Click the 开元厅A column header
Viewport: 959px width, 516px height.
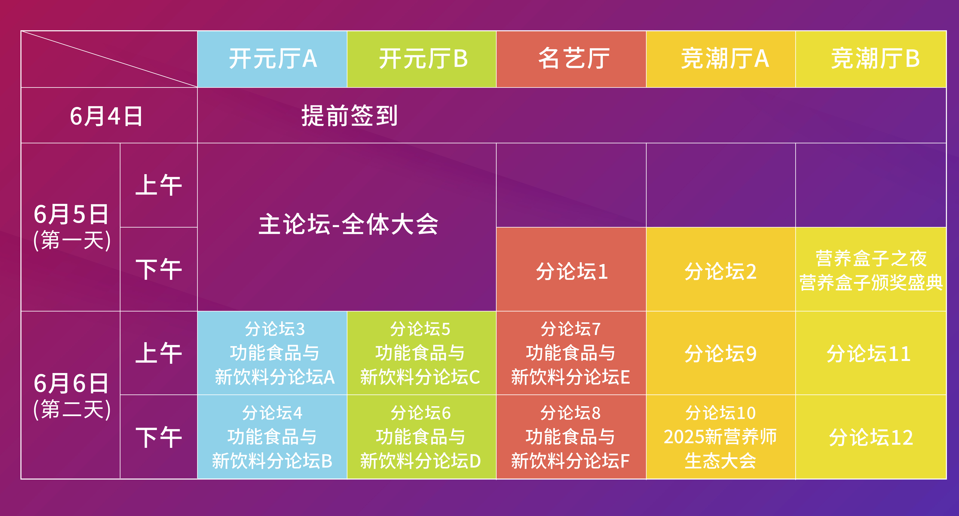(272, 59)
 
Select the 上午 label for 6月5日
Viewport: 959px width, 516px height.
(159, 185)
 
